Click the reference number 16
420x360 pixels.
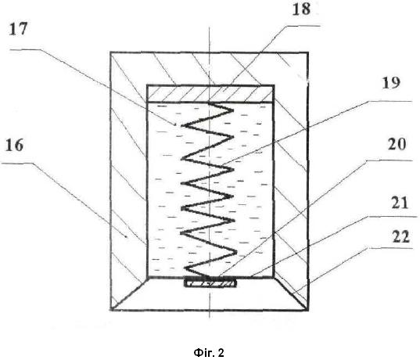(14, 146)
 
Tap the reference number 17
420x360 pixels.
(18, 29)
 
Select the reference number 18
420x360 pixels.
(301, 9)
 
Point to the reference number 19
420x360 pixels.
(391, 83)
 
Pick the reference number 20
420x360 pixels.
(397, 144)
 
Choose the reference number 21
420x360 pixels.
(400, 203)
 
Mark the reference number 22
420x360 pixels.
(400, 236)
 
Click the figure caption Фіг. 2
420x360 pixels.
(209, 352)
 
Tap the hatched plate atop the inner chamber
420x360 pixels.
(210, 94)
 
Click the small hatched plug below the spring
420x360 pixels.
(210, 283)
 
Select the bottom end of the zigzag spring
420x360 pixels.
(212, 276)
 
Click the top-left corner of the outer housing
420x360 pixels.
(110, 52)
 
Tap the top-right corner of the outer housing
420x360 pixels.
(308, 52)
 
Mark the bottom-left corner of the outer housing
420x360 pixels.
(110, 310)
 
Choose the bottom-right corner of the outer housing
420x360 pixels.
(308, 311)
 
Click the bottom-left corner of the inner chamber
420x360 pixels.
(147, 277)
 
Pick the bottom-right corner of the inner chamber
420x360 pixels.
(274, 278)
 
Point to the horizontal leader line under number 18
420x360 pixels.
(303, 26)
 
